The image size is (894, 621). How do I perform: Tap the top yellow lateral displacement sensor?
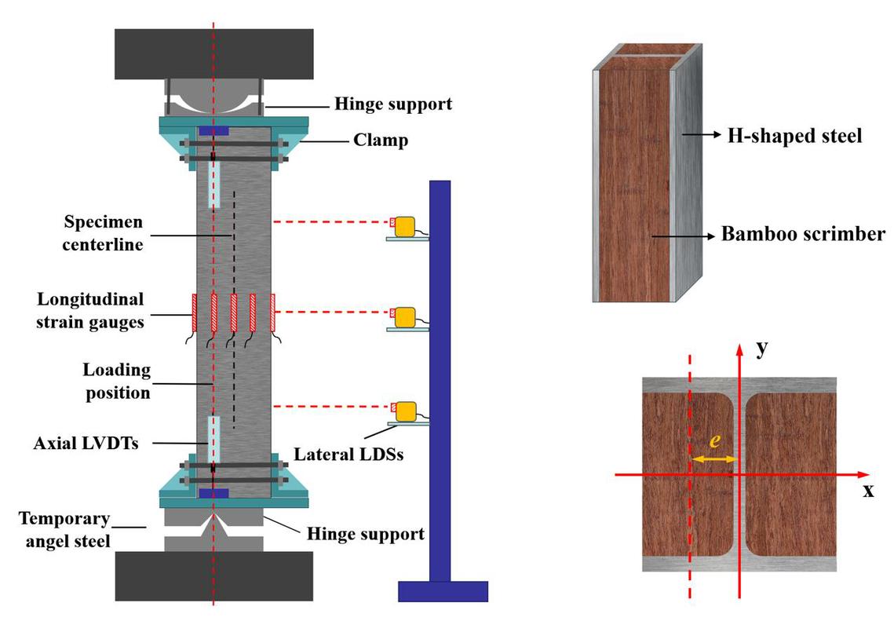(x=406, y=226)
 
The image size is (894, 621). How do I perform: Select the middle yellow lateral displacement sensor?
(x=406, y=316)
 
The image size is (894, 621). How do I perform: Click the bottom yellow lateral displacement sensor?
(x=406, y=411)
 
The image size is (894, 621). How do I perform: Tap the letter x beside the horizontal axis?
(x=868, y=491)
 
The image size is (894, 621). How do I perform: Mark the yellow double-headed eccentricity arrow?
(x=713, y=458)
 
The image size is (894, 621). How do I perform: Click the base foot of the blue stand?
(x=443, y=590)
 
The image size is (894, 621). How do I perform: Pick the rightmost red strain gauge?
(x=272, y=312)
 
